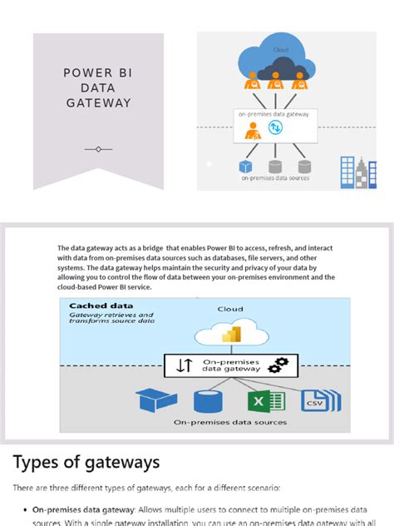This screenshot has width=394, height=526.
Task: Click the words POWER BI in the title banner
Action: [x=98, y=72]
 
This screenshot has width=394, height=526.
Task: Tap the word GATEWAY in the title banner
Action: [x=98, y=103]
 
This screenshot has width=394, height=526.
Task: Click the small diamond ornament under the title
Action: [x=98, y=149]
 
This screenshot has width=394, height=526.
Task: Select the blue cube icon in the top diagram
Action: [x=246, y=166]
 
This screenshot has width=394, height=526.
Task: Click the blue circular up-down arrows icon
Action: [x=275, y=128]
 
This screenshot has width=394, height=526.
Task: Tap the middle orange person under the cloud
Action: [x=275, y=82]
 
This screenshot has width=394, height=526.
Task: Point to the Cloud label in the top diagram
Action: [x=282, y=50]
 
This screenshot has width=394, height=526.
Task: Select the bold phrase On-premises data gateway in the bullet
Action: [x=81, y=509]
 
